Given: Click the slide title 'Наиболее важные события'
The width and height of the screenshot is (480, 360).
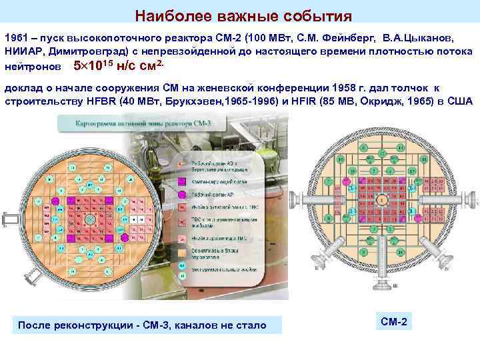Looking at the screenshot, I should click(243, 15).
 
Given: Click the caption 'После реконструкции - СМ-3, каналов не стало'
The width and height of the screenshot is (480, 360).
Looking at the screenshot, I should click(142, 325).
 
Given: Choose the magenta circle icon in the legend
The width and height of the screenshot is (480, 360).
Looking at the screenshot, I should click(181, 194).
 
